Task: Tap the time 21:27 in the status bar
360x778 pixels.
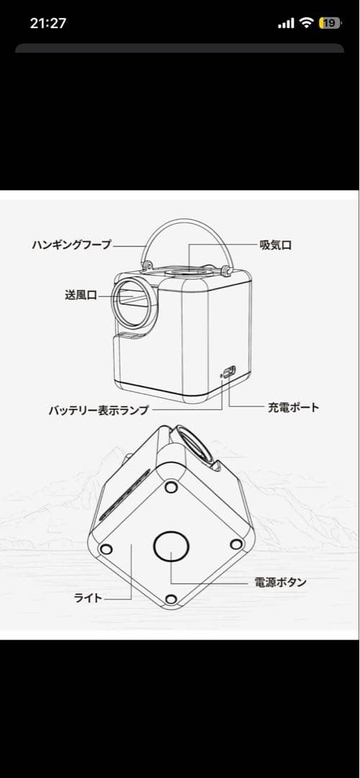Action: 48,23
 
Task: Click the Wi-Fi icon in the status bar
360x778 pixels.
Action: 307,23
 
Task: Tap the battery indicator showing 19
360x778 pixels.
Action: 330,23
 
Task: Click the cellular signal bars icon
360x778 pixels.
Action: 286,23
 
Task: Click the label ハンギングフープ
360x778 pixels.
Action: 72,245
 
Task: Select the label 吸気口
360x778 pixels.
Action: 276,245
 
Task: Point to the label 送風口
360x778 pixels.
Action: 81,295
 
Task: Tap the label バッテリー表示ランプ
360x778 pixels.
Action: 99,411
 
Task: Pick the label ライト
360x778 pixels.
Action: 89,597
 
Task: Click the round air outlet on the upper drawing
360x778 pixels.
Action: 134,300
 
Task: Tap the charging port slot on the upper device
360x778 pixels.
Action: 228,372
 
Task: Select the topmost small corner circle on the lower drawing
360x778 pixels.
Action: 171,488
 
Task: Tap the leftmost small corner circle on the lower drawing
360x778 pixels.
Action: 106,550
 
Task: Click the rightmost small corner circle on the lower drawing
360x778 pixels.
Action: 235,544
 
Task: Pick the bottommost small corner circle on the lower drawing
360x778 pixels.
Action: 171,599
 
